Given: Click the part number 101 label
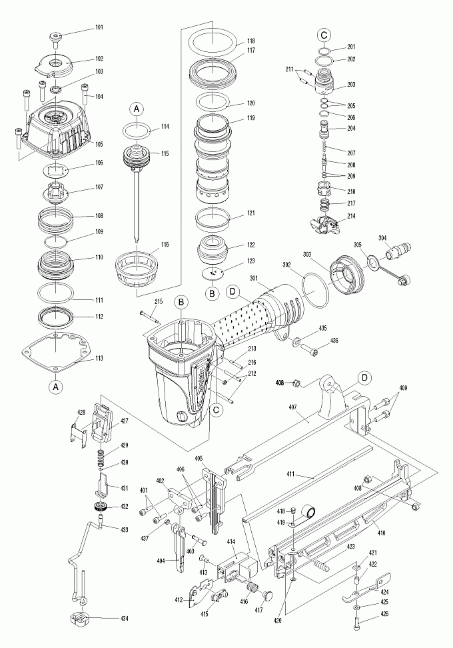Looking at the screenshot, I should (99, 27).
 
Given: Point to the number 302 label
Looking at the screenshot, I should (287, 264).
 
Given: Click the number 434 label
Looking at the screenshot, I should (125, 619).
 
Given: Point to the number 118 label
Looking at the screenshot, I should (251, 41).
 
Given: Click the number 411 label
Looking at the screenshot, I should (309, 475).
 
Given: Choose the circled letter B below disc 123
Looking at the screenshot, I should (212, 293).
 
